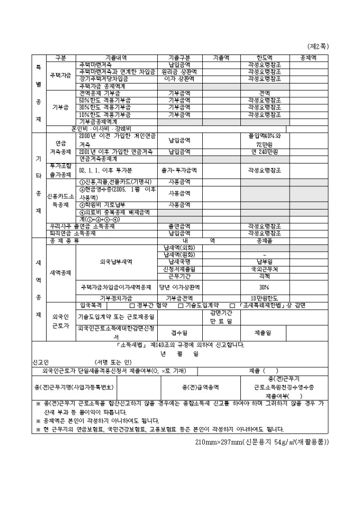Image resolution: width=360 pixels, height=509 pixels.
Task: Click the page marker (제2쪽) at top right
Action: (x=317, y=46)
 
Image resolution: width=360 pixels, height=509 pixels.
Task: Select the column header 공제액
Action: (x=308, y=58)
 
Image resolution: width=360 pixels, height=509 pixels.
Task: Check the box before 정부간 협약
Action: (x=132, y=305)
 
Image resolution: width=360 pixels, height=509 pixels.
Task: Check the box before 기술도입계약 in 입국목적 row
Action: (x=181, y=305)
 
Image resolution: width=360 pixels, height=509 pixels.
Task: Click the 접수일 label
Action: (x=179, y=333)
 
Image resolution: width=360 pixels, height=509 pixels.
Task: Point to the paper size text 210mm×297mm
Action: (x=212, y=442)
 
